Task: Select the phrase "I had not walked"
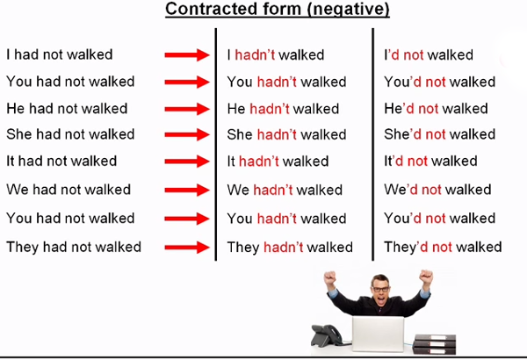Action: pyautogui.click(x=59, y=54)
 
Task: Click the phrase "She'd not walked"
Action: pyautogui.click(x=439, y=134)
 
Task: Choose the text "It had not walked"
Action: pyautogui.click(x=61, y=162)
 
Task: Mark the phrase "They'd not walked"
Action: pyautogui.click(x=443, y=247)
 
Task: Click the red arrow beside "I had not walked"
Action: pyautogui.click(x=188, y=55)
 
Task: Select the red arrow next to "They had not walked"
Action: pyautogui.click(x=188, y=247)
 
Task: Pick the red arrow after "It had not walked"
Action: pyautogui.click(x=188, y=162)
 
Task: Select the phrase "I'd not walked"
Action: pyautogui.click(x=429, y=54)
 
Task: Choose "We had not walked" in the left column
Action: pyautogui.click(x=68, y=190)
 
